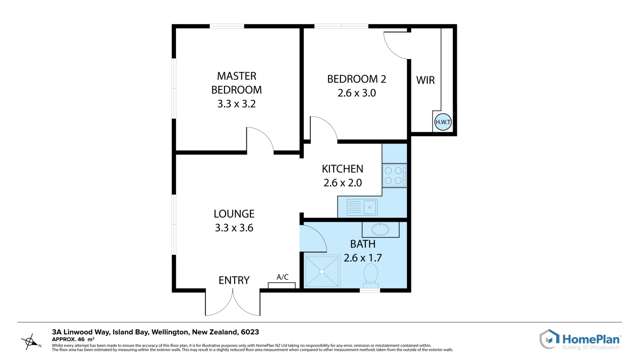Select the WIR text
pos(425,80)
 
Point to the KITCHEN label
pos(342,169)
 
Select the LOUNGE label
pos(234,213)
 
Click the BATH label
pos(362,244)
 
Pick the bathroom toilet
pos(369,283)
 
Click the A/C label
pos(282,278)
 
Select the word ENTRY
pos(234,281)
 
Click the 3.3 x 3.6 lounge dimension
pos(234,228)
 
